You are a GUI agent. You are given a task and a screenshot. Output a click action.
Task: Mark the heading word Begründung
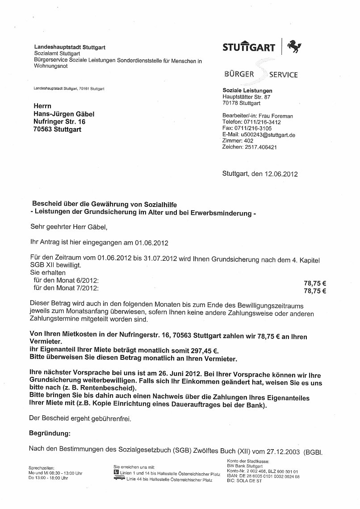coord(50,433)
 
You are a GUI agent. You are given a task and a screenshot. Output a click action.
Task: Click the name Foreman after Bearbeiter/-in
coord(282,116)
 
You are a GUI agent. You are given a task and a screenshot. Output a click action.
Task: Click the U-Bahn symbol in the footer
coord(116,471)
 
